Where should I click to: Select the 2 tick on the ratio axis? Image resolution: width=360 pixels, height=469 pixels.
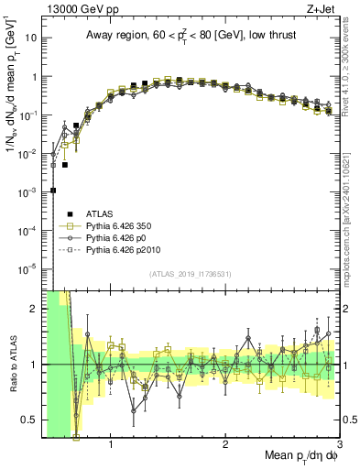click(x=33, y=309)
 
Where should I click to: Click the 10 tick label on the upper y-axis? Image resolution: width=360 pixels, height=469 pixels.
click(x=31, y=39)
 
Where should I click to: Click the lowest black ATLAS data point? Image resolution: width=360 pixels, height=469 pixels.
click(x=53, y=191)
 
